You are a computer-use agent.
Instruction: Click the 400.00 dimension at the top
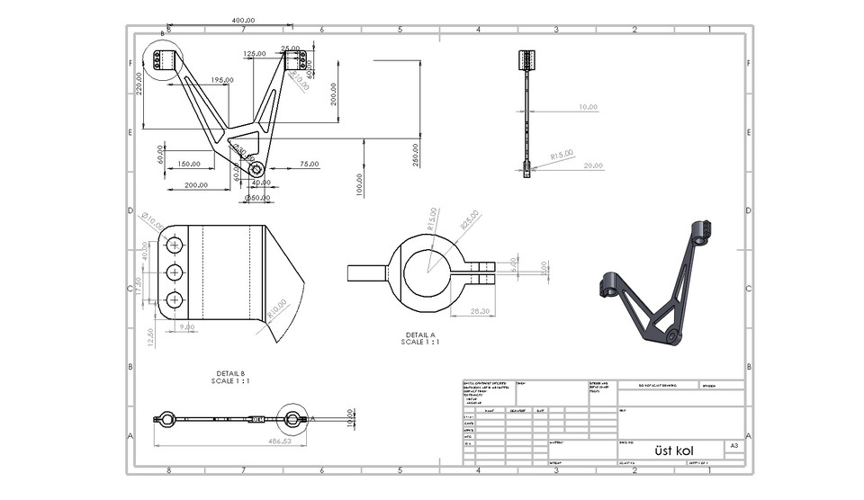[243, 20]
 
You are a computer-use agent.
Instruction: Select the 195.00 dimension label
[222, 80]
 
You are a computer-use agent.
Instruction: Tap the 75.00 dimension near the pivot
[309, 164]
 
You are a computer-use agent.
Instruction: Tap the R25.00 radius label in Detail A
[469, 220]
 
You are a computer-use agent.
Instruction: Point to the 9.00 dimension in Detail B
[187, 326]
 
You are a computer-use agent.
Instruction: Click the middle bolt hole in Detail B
[175, 272]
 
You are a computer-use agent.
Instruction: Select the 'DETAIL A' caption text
[420, 335]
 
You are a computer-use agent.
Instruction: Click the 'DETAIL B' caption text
[230, 373]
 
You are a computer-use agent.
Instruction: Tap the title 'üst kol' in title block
[674, 450]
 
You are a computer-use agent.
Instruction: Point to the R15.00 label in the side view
[562, 154]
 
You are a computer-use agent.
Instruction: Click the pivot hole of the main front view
[256, 169]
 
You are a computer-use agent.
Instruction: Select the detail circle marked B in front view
[161, 61]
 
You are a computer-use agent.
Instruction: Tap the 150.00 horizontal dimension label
[188, 164]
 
